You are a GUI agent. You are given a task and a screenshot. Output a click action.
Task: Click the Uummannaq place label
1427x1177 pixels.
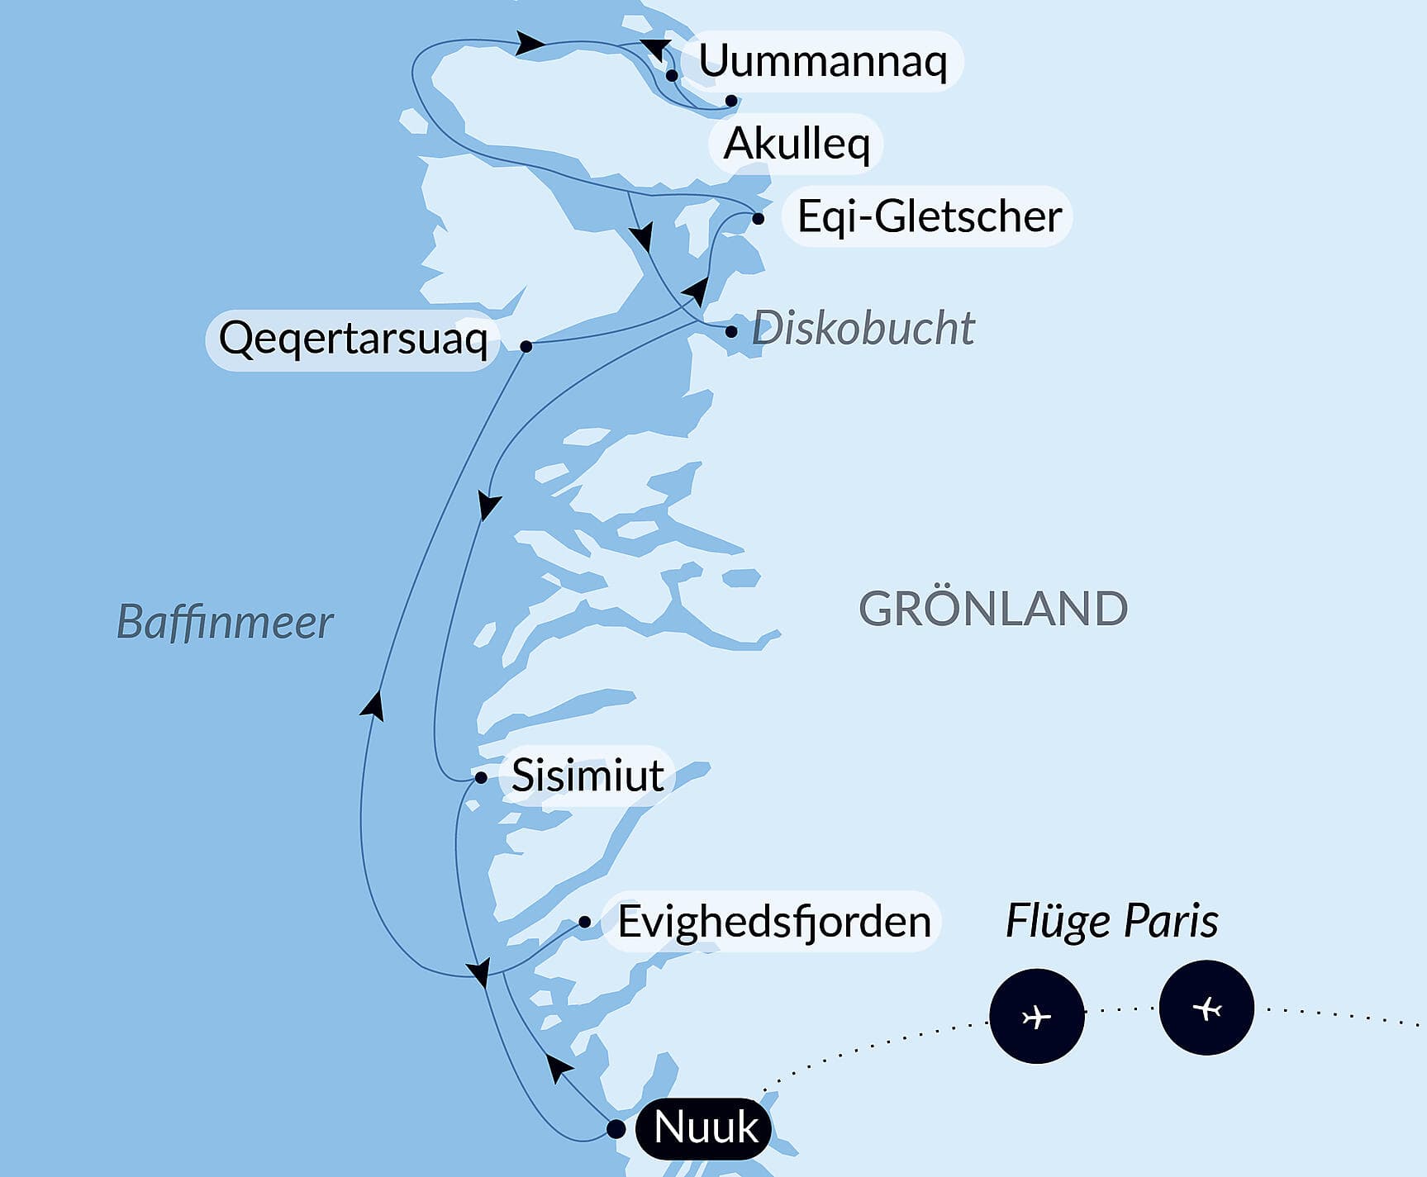pos(822,61)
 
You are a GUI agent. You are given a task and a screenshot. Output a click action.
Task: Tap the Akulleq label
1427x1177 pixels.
pos(797,144)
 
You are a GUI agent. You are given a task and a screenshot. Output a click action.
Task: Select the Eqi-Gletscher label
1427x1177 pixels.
pos(929,216)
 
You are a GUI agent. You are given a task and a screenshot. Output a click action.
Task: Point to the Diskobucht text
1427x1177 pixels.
pos(863,329)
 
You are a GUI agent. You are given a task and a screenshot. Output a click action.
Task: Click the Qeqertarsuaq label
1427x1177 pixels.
pos(353,339)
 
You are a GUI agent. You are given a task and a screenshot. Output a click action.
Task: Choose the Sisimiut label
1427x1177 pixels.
pos(587,775)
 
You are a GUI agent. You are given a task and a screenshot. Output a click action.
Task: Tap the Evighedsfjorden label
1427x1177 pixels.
pos(773,921)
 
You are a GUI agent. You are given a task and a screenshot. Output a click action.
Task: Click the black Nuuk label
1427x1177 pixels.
pos(705,1127)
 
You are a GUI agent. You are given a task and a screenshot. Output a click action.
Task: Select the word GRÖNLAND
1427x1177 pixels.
pos(992,610)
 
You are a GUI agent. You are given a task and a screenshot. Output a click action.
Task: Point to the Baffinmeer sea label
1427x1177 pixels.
pos(225,622)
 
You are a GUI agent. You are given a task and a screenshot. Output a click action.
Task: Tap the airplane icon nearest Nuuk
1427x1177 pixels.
pos(1036,1016)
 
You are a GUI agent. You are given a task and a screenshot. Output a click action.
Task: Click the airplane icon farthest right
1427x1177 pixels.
pos(1206,1008)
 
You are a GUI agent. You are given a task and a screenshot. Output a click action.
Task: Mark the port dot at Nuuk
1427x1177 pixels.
pos(616,1128)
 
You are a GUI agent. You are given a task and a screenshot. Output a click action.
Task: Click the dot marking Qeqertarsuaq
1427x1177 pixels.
pos(526,346)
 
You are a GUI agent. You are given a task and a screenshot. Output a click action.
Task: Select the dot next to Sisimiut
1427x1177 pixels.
pos(481,777)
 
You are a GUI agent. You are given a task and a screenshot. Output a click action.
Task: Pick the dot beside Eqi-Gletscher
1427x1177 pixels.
pos(758,219)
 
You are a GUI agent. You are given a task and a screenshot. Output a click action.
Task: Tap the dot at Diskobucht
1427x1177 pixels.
pos(731,332)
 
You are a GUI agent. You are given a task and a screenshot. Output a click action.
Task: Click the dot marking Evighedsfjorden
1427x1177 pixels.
pos(584,922)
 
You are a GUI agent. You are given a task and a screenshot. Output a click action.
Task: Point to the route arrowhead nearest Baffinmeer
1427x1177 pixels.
pos(373,705)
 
